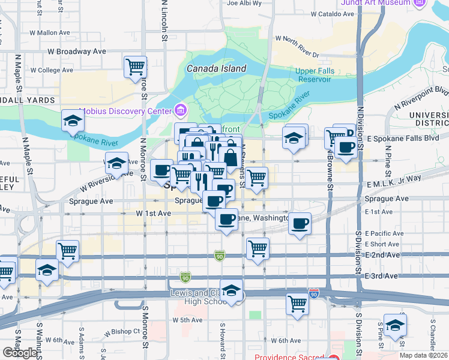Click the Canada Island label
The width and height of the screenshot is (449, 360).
click(x=216, y=68)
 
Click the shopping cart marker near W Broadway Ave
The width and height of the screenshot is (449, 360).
click(x=136, y=66)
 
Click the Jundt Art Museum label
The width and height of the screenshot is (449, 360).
click(x=376, y=3)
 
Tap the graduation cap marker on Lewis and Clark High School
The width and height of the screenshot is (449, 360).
click(x=231, y=291)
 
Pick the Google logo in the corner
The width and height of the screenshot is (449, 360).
click(x=20, y=353)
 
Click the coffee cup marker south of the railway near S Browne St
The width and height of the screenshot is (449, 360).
click(x=300, y=224)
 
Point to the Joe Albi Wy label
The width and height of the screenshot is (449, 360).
click(x=244, y=3)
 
